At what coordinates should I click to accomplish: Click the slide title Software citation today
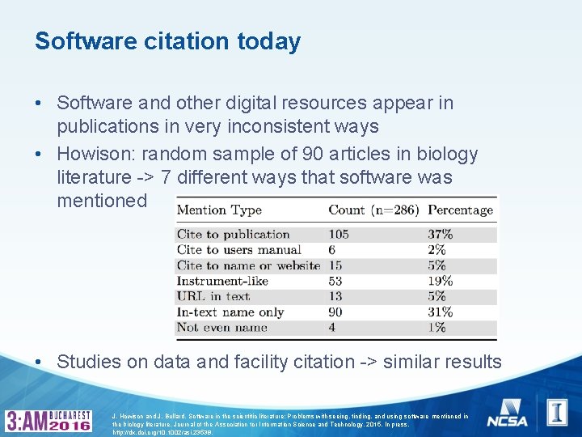167,40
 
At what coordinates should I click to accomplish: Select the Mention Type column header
219,210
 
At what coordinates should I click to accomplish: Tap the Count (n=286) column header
373,210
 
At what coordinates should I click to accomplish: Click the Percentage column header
460,210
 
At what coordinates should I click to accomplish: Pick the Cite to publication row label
233,235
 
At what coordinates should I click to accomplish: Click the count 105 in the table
339,235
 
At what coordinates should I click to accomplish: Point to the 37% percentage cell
441,235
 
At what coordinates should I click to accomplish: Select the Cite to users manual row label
238,250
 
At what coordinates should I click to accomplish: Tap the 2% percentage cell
436,250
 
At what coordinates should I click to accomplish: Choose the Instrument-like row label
222,281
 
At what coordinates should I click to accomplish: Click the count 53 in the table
335,281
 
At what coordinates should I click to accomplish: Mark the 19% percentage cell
441,281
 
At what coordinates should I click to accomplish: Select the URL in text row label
213,296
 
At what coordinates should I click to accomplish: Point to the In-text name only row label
230,312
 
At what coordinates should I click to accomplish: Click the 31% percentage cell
441,312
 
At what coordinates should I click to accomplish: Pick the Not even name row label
221,327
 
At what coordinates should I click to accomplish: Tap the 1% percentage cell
436,327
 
